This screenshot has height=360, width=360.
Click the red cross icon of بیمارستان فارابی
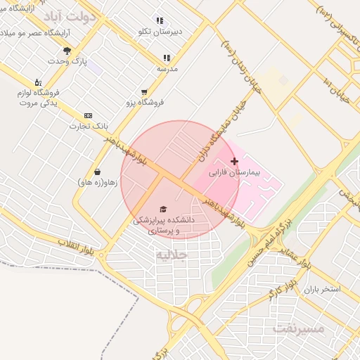click(234, 162)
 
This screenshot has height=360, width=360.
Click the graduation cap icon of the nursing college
click(163, 210)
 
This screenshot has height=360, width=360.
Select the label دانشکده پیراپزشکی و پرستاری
click(163, 225)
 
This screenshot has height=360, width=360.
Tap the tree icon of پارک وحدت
click(67, 51)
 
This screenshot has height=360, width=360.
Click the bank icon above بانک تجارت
click(88, 115)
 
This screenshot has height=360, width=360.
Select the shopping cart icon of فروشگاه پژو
click(144, 91)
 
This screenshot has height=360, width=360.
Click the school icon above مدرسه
click(167, 58)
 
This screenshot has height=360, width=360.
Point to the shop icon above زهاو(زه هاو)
click(97, 172)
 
